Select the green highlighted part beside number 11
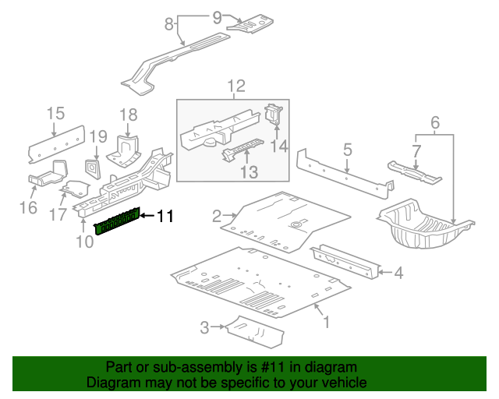tap(118, 221)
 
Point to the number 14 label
tap(279, 146)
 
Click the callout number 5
tap(348, 149)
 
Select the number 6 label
tap(435, 122)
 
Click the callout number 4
tap(398, 273)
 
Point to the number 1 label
tap(326, 321)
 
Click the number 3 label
tap(204, 327)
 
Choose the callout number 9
tap(217, 16)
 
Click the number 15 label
tap(55, 115)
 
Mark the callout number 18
tap(128, 115)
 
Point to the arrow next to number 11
tap(148, 216)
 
